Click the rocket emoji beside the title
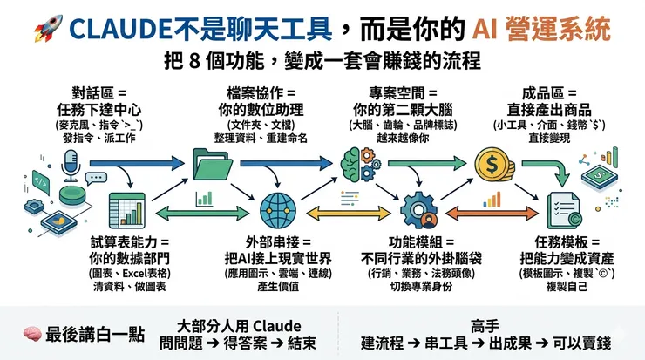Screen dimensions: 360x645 point(44,31)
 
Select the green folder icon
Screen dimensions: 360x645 point(212,163)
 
